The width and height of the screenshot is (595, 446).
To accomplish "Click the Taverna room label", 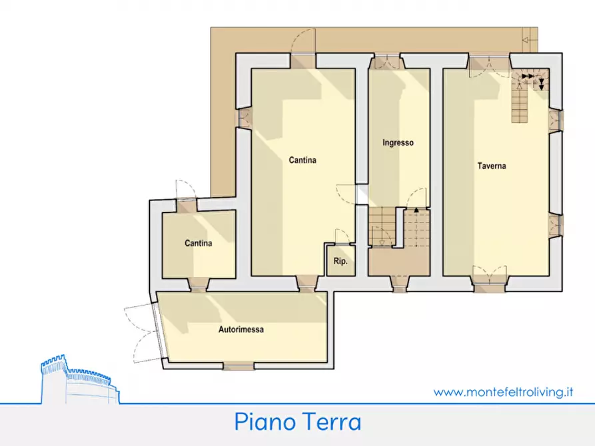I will coord(491,166).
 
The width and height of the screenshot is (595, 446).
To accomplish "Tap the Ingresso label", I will coord(398,142).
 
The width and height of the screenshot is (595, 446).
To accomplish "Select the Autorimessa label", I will coord(241,329).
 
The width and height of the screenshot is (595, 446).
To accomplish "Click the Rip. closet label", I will coord(340,262).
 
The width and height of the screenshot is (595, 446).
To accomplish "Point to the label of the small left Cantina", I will coord(199,243).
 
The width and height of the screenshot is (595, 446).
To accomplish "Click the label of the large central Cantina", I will coord(302,160).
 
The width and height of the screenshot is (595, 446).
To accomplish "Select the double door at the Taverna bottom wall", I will coord(490,278).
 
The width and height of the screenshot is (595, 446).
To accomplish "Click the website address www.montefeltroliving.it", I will coord(504,392).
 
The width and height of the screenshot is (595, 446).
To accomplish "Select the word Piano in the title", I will coord(264,422).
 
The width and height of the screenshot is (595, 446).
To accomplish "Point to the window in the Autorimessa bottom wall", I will coord(238,365).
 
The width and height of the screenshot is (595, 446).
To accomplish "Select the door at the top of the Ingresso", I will coord(386,63).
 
